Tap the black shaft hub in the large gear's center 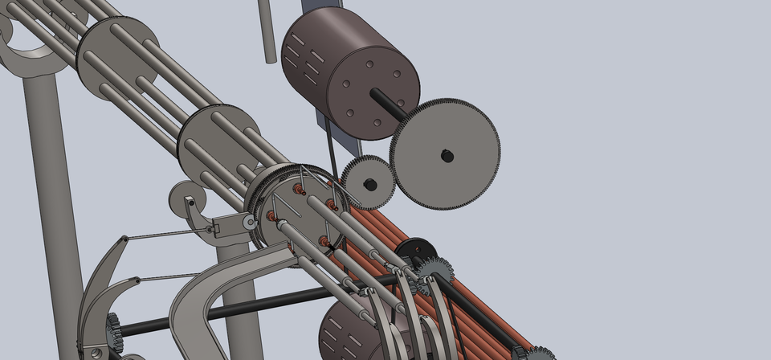tap(447, 156)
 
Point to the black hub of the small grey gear tap(370, 184)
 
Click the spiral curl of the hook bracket tap(183, 195)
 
